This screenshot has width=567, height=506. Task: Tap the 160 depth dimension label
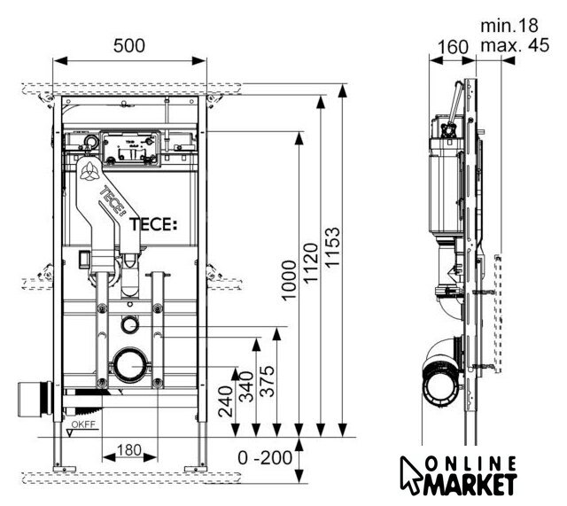tap(452, 46)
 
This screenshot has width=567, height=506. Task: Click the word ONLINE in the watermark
tap(472, 463)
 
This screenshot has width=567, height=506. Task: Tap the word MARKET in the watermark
tap(472, 484)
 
